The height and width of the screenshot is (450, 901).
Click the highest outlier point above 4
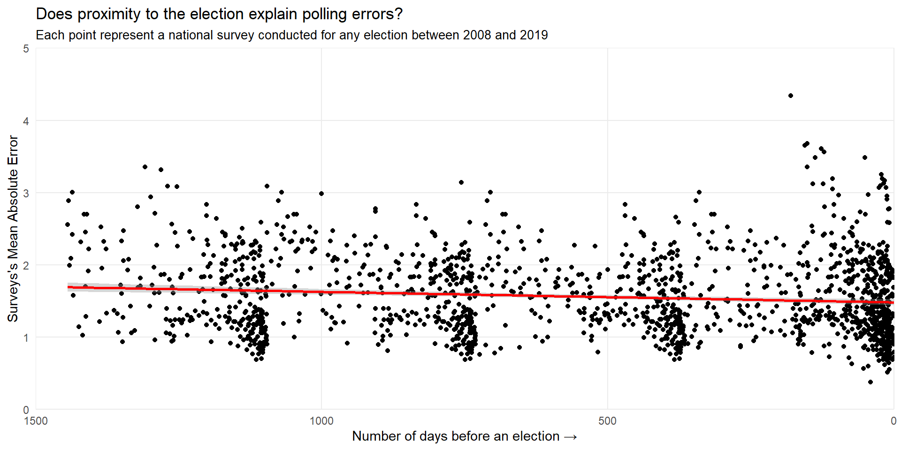[791, 96]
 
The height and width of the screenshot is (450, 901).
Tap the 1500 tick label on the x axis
[36, 421]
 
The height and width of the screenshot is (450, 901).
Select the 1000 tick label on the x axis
[321, 421]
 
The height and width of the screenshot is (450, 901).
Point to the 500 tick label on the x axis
[607, 421]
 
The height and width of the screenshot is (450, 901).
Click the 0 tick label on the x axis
[893, 421]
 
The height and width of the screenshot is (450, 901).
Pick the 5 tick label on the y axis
[26, 49]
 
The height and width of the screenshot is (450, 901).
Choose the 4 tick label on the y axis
[26, 121]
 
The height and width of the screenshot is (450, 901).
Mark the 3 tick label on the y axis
[26, 193]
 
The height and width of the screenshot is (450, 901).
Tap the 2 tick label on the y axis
[26, 265]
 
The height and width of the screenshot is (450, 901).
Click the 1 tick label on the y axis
[26, 337]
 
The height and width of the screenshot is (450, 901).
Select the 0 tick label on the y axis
[26, 410]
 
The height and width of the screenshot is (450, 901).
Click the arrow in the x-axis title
[570, 437]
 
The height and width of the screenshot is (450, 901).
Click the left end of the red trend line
[68, 287]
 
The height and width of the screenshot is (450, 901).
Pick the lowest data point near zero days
[870, 382]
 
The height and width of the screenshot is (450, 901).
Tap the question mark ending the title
[399, 14]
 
